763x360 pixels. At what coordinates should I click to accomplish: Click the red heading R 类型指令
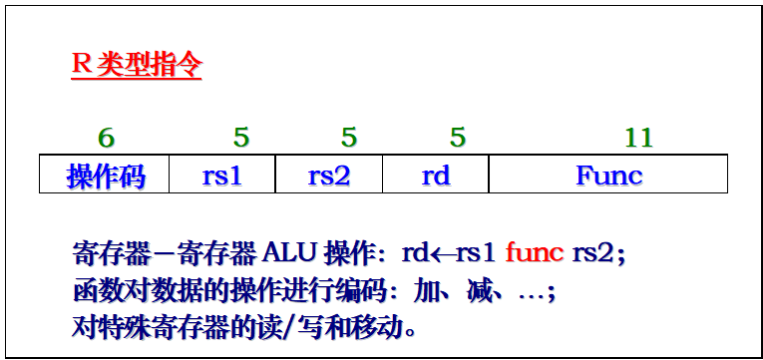tap(137, 66)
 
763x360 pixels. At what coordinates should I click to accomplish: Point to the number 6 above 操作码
tap(106, 138)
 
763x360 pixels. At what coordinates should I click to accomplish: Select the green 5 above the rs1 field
tap(241, 138)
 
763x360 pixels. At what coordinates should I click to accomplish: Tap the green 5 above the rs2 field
tap(348, 138)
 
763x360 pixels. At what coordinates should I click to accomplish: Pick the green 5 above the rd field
tap(458, 138)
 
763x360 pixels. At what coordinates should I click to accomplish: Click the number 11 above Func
tap(638, 138)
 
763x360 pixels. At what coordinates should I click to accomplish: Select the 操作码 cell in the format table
tap(105, 176)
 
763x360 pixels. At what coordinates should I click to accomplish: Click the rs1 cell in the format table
tap(222, 176)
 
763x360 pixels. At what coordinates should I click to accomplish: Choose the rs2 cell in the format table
tap(329, 176)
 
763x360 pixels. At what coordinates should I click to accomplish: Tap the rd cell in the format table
tap(436, 176)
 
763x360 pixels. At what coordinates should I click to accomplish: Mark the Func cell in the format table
tap(608, 176)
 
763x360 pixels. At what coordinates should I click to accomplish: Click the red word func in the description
tap(536, 253)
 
